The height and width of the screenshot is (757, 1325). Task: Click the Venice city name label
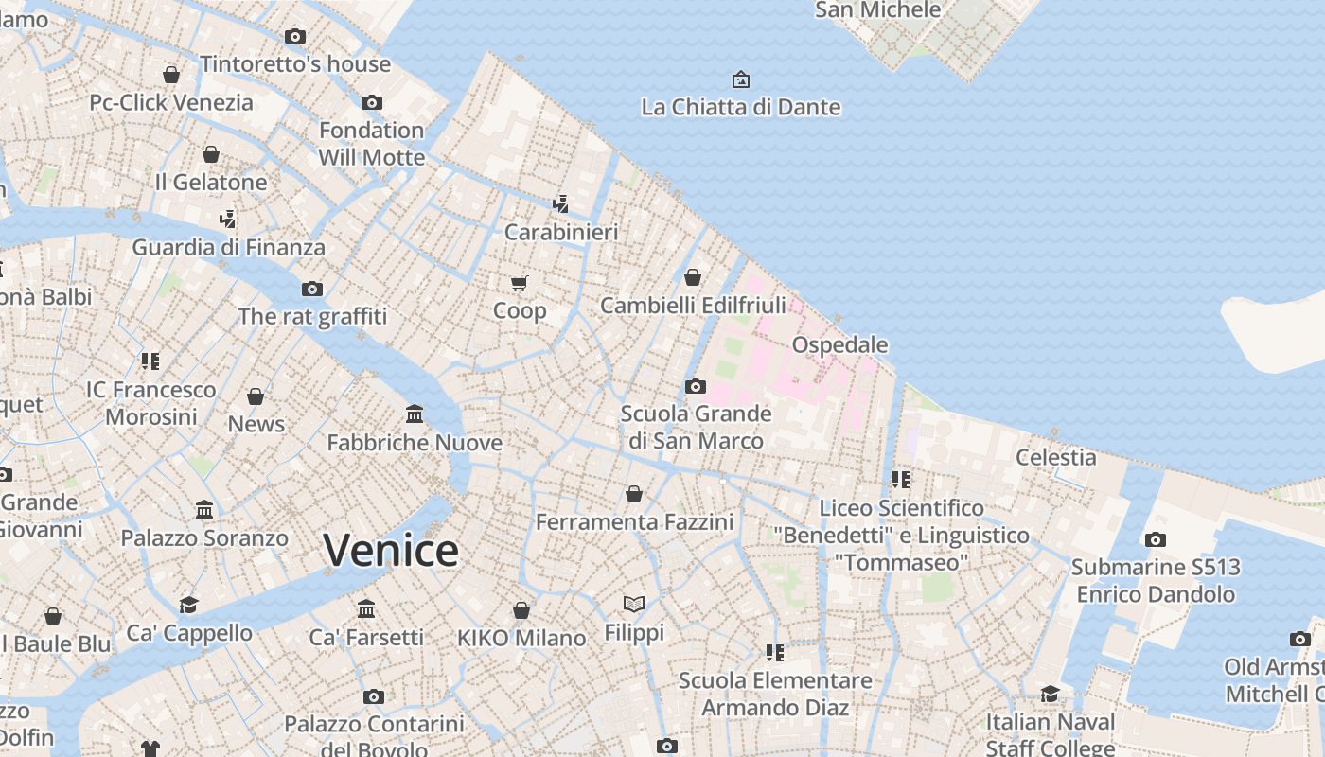(x=391, y=551)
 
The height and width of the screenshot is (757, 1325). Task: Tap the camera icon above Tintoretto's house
(x=295, y=36)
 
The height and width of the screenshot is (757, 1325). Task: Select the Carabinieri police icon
(x=561, y=203)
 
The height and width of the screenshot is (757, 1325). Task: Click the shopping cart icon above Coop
(x=519, y=283)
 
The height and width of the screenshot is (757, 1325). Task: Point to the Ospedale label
(x=839, y=344)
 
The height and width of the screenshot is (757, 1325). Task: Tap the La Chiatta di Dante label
(x=740, y=107)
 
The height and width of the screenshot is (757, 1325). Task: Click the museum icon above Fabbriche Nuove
(x=415, y=414)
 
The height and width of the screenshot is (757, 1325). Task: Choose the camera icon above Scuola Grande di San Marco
(x=696, y=386)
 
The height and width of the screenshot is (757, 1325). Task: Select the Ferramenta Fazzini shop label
(x=634, y=521)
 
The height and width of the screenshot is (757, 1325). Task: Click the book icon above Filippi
(x=634, y=604)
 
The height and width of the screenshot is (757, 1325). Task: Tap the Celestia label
(x=1055, y=457)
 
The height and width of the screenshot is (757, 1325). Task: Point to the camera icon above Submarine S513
(x=1156, y=539)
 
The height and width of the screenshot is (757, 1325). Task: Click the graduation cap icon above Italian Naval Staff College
(x=1050, y=694)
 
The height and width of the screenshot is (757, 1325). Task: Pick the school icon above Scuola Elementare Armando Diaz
(x=775, y=652)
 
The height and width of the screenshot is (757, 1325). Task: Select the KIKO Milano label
(x=521, y=638)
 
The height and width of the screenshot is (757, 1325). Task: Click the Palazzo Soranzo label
(x=204, y=538)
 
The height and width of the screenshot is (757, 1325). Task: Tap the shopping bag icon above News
(x=256, y=396)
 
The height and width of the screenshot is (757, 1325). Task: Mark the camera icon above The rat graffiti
(x=312, y=289)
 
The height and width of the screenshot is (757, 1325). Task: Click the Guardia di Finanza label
(x=228, y=248)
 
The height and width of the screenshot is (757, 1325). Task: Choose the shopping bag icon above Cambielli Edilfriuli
(x=693, y=277)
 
